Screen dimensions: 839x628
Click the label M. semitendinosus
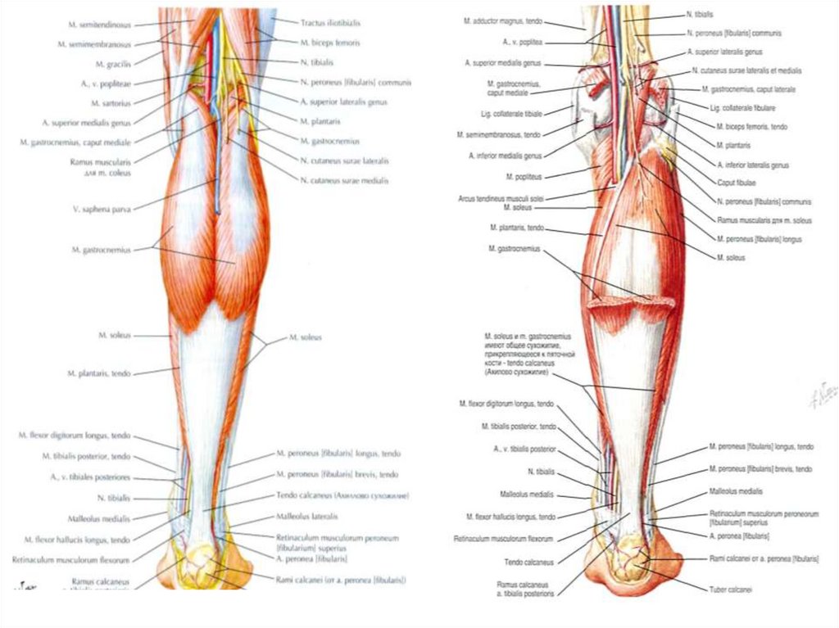94,25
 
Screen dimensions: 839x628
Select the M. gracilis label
112,63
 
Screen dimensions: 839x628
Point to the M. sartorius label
112,103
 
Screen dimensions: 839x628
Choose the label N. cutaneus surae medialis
344,180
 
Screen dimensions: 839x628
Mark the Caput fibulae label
737,183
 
